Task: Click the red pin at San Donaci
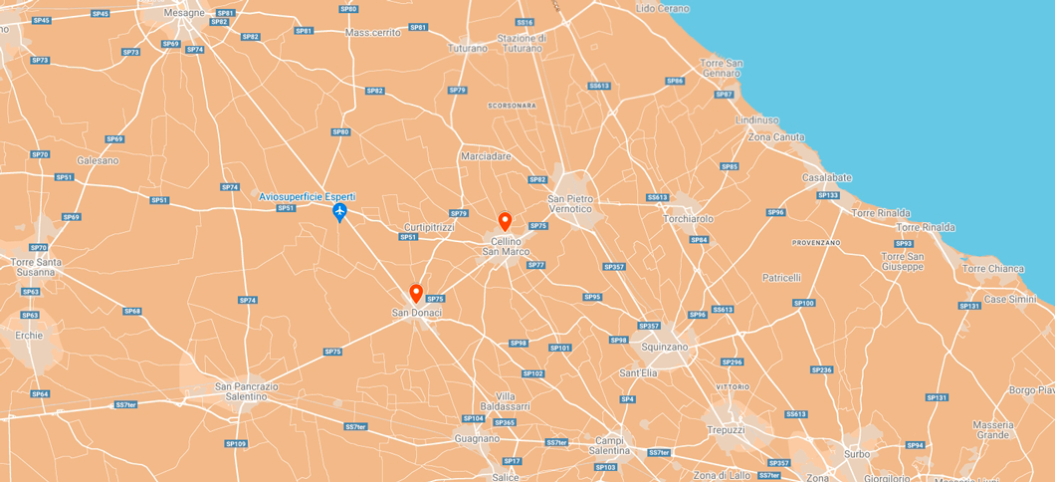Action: (x=416, y=294)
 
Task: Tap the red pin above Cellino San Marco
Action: (x=505, y=221)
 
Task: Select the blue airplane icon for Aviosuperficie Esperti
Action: (x=339, y=212)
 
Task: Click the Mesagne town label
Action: (x=183, y=14)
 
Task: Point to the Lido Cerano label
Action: (x=662, y=8)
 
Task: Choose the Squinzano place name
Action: (x=666, y=347)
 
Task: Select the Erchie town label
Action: (x=30, y=336)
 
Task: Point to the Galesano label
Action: (x=98, y=160)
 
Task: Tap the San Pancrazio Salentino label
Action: (x=241, y=391)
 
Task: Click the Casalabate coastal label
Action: (x=827, y=178)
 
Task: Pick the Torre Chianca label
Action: (x=992, y=269)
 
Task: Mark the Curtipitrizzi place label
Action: (x=429, y=227)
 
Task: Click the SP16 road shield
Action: (x=525, y=22)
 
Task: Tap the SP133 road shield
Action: (x=828, y=195)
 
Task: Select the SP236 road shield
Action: (x=821, y=369)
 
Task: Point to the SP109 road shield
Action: (x=236, y=443)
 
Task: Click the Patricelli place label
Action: (x=781, y=278)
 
